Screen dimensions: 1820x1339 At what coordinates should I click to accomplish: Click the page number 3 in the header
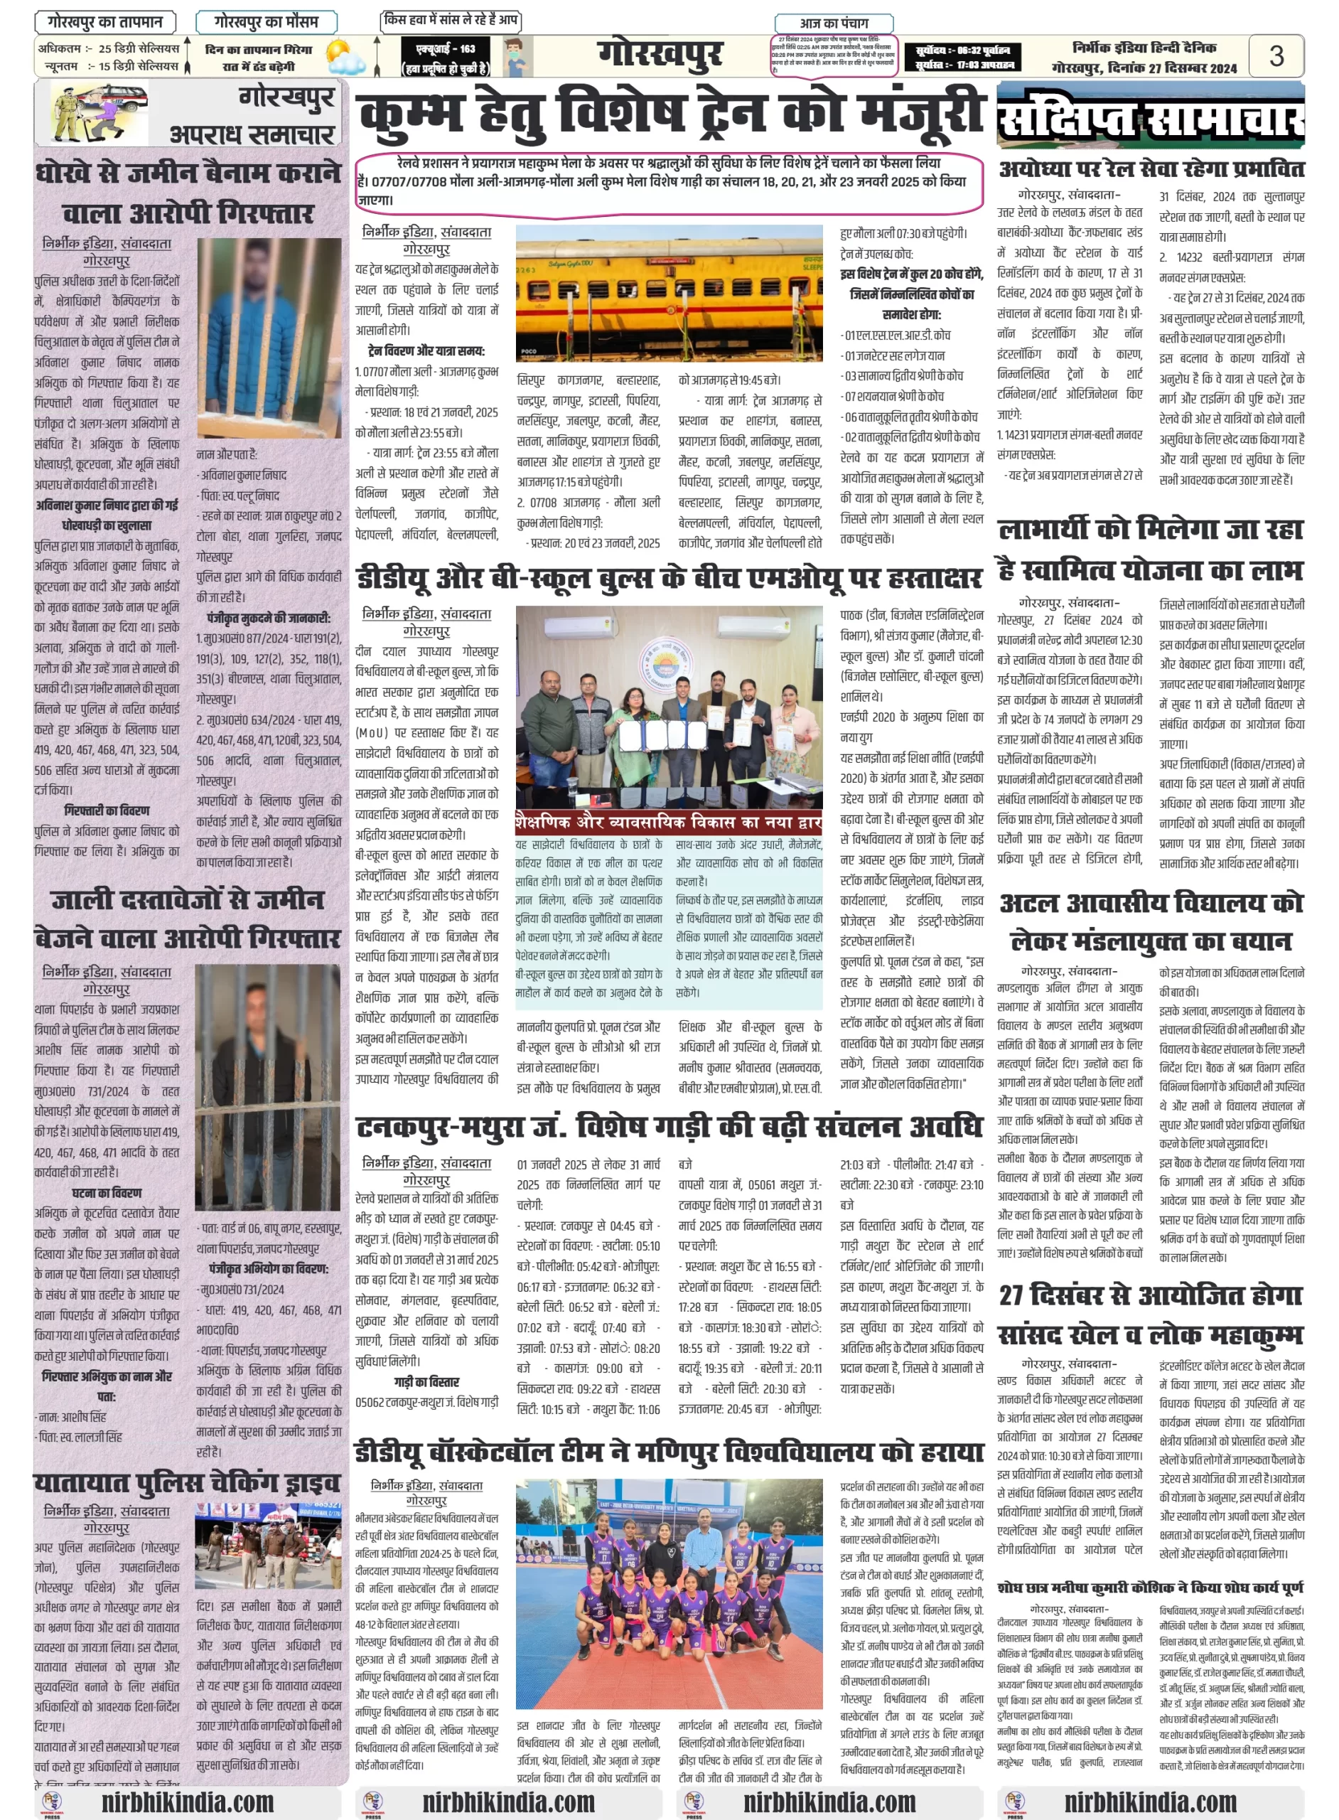(x=1276, y=55)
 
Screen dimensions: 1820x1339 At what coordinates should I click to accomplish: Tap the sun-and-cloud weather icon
(x=346, y=58)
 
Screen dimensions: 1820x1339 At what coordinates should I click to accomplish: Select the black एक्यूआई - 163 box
(x=446, y=58)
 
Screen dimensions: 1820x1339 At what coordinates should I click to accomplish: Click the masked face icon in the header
(x=517, y=57)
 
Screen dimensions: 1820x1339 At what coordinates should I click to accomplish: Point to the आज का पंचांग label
(x=834, y=23)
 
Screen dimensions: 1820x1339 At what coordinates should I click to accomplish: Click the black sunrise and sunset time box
(x=962, y=58)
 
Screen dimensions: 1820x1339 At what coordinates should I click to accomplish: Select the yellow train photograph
(x=669, y=294)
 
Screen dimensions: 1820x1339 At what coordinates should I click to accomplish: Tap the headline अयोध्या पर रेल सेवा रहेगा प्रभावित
(x=1151, y=169)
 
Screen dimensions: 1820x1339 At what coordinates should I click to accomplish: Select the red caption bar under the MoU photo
(x=669, y=823)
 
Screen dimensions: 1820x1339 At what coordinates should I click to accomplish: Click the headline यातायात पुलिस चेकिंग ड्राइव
(x=188, y=1483)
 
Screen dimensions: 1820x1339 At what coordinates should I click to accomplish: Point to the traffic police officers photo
(x=267, y=1544)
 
